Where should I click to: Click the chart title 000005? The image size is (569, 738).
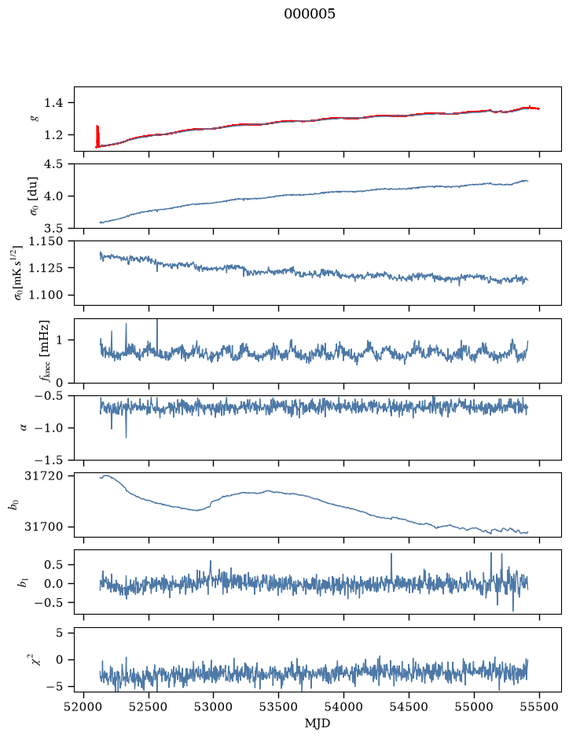pyautogui.click(x=309, y=14)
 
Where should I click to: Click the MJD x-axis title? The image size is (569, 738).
pyautogui.click(x=318, y=723)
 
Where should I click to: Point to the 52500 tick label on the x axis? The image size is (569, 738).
pyautogui.click(x=149, y=707)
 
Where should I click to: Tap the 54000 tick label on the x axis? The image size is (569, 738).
pyautogui.click(x=344, y=707)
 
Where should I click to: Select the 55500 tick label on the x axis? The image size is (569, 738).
pyautogui.click(x=539, y=707)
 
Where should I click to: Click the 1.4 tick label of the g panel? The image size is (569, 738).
pyautogui.click(x=53, y=103)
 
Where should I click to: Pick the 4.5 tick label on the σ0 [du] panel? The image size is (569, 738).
pyautogui.click(x=53, y=164)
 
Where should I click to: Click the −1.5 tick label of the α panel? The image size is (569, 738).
pyautogui.click(x=49, y=460)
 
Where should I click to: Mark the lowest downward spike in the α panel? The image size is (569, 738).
pyautogui.click(x=126, y=437)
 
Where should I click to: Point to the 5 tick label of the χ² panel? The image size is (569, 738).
pyautogui.click(x=59, y=633)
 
